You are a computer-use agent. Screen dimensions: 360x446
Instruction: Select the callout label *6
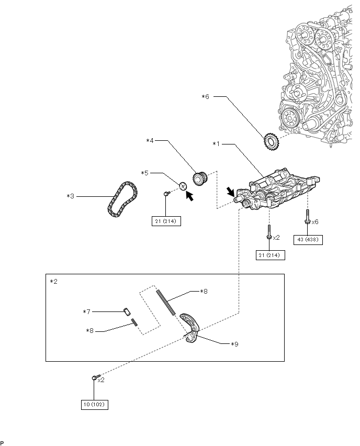click(205, 97)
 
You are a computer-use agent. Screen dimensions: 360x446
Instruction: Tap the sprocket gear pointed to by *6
click(271, 141)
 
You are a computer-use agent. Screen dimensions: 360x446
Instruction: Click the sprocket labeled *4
click(200, 178)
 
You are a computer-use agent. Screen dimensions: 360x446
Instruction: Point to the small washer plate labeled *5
click(183, 186)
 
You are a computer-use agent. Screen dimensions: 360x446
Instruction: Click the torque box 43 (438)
click(308, 240)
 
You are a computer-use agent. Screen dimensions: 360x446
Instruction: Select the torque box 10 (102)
click(94, 404)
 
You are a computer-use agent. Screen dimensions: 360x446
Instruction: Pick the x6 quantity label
click(315, 221)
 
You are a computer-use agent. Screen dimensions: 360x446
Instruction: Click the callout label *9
click(234, 344)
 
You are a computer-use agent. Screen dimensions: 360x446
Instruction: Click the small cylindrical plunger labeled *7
click(127, 311)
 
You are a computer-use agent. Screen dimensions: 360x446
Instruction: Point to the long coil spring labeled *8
click(165, 303)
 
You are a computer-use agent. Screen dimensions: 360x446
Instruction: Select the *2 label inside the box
click(53, 281)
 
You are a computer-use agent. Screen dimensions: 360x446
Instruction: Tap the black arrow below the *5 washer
click(189, 196)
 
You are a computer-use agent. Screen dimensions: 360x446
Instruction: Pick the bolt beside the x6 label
click(307, 217)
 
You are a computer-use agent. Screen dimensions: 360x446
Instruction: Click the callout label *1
click(217, 144)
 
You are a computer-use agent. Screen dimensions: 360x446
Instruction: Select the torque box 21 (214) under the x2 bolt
click(270, 255)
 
